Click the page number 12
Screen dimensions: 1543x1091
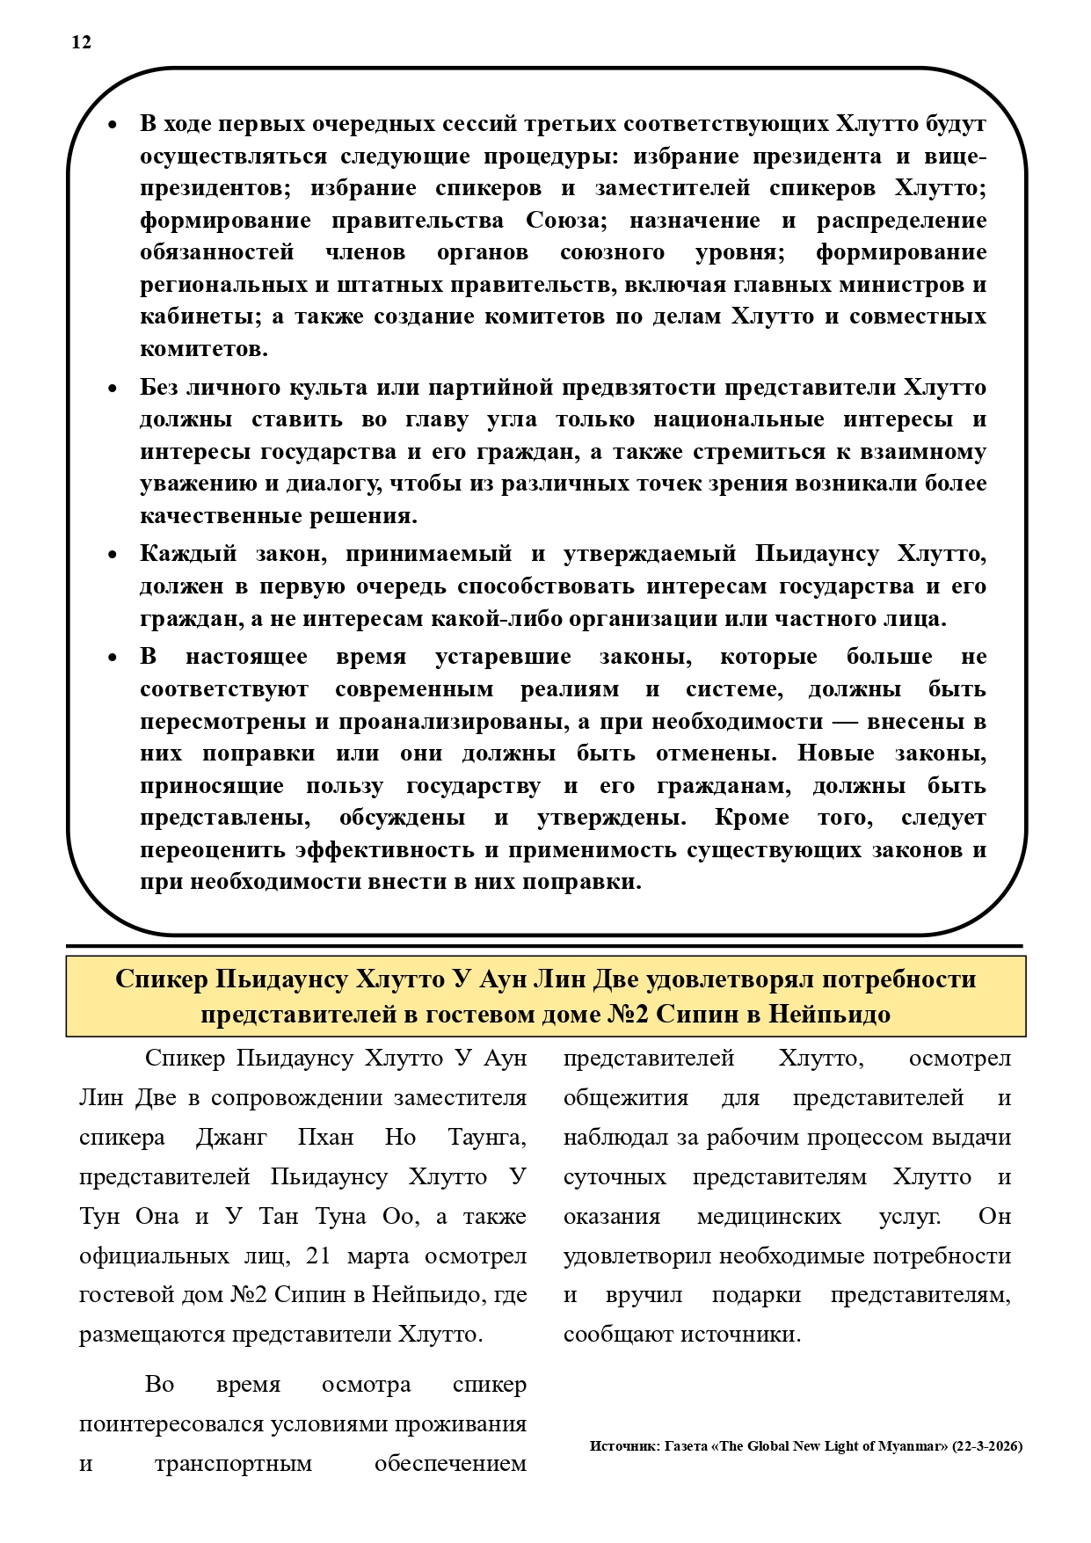pyautogui.click(x=81, y=43)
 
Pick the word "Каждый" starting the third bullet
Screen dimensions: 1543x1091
pyautogui.click(x=189, y=554)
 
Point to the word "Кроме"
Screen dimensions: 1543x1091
pyautogui.click(x=749, y=818)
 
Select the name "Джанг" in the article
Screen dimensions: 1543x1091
pyautogui.click(x=231, y=1137)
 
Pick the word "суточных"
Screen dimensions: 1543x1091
pyautogui.click(x=615, y=1176)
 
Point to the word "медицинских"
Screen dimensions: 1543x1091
pyautogui.click(x=768, y=1216)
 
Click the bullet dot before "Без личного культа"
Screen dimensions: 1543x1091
pyautogui.click(x=112, y=389)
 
